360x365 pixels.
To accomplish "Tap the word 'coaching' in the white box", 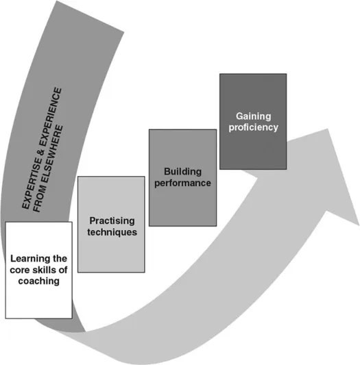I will point(38,280).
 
